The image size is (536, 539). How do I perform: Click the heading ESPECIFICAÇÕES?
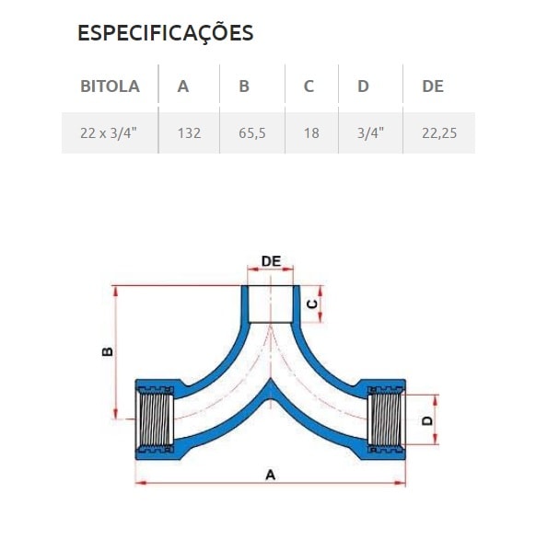tap(165, 33)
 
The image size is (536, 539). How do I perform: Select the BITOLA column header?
tap(110, 86)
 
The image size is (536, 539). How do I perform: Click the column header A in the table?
tap(183, 86)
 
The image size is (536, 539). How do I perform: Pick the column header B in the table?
tap(244, 86)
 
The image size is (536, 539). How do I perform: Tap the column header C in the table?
tap(309, 86)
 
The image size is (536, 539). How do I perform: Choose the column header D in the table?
tap(363, 86)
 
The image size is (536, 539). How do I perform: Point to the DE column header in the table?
tap(433, 86)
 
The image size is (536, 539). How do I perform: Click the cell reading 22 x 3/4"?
tap(110, 132)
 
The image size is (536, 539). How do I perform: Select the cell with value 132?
tap(189, 132)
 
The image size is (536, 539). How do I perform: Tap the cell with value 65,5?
tap(251, 132)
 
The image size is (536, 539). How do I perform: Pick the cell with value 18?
tap(311, 132)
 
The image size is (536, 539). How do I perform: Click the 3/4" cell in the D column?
tap(369, 132)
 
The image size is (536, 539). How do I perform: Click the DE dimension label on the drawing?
tap(271, 261)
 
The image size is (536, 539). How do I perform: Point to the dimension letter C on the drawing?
tap(312, 303)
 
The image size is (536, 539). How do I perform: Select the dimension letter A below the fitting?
tap(270, 476)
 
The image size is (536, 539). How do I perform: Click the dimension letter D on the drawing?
tap(426, 419)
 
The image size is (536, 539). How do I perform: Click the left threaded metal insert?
tap(154, 419)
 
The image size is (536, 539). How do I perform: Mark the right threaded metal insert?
tap(384, 419)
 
